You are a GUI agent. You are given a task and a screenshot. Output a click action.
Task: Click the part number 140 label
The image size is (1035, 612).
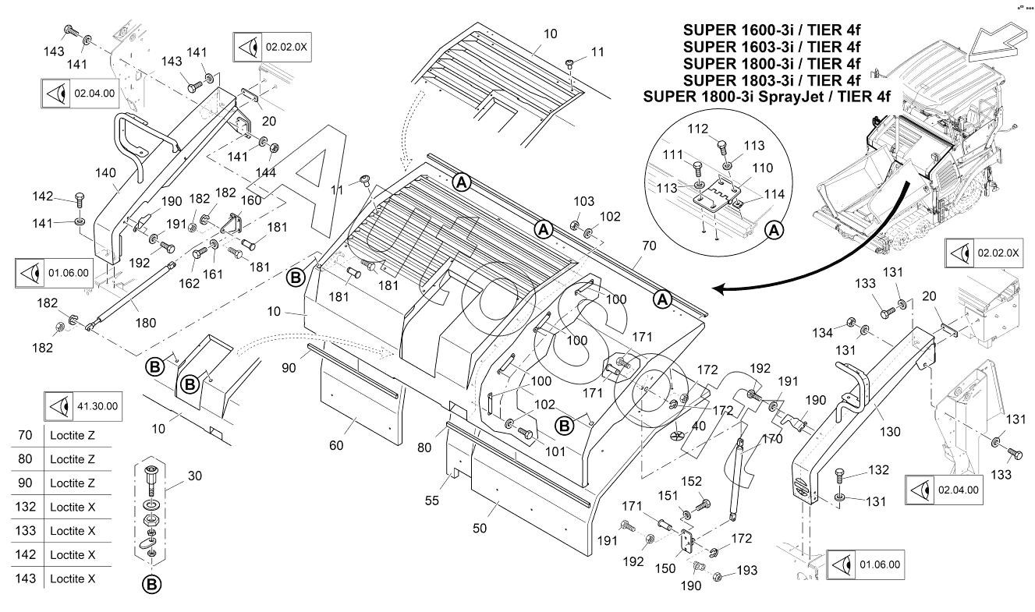pos(105,173)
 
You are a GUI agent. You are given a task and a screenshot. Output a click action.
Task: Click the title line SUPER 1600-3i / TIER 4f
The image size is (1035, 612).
pos(771,31)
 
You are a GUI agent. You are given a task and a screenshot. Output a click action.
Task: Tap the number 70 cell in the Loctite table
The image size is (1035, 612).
pos(26,435)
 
